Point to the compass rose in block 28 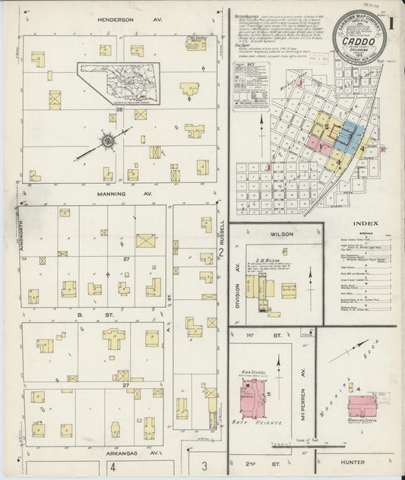point(107,141)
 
